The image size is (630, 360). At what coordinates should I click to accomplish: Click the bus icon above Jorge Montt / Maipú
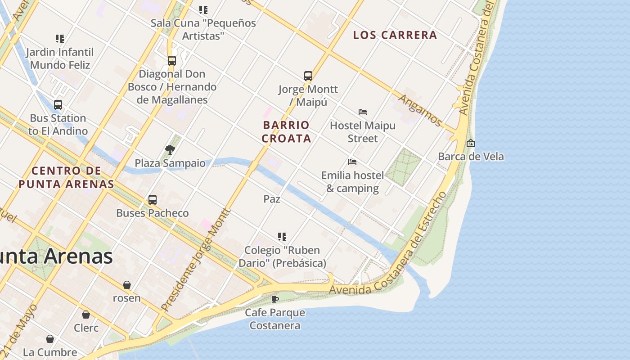coord(308,76)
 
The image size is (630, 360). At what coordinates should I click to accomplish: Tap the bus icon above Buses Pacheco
coord(153,199)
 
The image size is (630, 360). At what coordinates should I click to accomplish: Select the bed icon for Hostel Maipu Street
coord(363,112)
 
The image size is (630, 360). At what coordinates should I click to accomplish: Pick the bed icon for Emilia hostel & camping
coord(352,162)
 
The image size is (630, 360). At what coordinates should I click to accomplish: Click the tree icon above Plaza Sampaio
coord(170,149)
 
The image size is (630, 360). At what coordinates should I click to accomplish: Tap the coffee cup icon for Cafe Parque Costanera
coord(275,299)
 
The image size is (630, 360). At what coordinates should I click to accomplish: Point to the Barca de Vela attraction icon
coord(471,143)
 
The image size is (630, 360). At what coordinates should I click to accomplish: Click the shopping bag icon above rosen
coord(127,285)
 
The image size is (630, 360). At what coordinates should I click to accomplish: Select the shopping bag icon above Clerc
coord(86,315)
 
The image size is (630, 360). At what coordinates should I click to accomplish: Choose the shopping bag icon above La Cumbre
coord(50,338)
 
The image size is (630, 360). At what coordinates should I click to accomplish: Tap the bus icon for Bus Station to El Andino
coord(58,105)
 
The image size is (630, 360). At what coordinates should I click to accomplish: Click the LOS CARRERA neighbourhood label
coord(395,35)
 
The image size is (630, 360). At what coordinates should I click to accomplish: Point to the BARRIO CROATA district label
coord(286,131)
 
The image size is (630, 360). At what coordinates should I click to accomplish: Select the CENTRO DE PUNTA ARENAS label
coord(66,177)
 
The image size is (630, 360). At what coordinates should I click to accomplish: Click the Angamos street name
coord(420,110)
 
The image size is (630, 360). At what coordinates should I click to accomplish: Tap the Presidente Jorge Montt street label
coord(196,260)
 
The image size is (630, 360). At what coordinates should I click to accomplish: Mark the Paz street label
coord(272,198)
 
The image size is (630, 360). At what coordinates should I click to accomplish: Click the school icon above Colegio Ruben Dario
coord(282,236)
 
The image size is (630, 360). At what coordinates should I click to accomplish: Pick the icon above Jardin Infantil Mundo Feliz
coord(60,39)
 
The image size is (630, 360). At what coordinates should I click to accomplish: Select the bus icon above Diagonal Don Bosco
coord(171,60)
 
